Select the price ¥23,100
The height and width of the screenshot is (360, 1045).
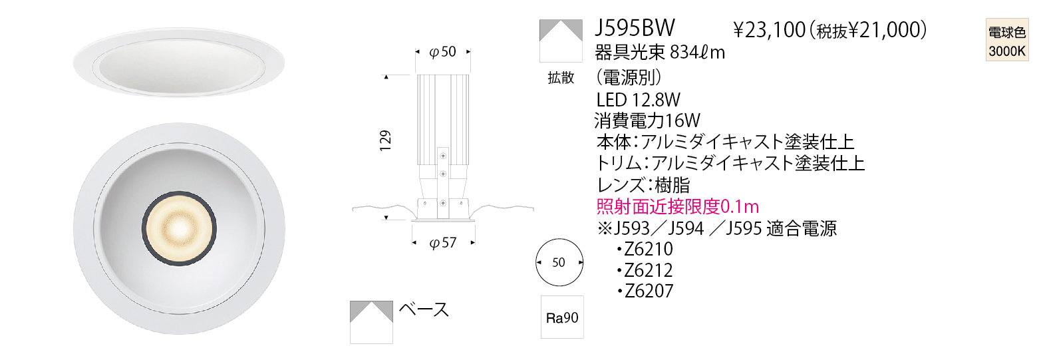click(770, 31)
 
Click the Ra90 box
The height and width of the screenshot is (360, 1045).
click(562, 317)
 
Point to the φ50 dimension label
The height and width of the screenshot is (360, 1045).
click(442, 51)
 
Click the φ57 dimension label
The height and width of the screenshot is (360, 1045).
click(442, 242)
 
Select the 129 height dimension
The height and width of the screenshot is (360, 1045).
click(385, 140)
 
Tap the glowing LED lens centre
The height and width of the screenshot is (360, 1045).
click(179, 228)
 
